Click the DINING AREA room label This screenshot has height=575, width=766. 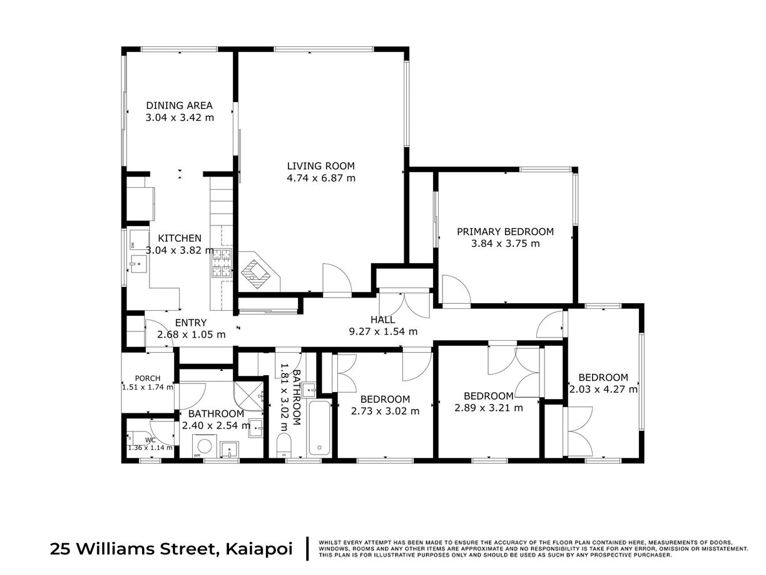point(179,105)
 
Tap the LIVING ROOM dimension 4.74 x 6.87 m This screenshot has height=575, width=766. point(320,178)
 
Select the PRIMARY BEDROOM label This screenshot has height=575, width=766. point(505,232)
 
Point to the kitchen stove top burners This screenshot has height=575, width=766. point(222,263)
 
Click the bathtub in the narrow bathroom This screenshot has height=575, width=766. point(319,428)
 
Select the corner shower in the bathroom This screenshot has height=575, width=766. point(249,396)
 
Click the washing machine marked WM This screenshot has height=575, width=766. point(205,446)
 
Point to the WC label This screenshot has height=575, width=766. point(150,440)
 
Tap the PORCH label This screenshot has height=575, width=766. point(148,378)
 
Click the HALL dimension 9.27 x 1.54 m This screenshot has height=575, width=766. point(383,331)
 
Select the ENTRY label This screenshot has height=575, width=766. point(190,323)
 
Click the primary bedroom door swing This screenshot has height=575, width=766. point(456,289)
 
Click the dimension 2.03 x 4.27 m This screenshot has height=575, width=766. point(603,389)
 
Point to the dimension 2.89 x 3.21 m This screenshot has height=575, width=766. point(488,408)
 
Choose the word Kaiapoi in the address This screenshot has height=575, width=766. point(259,549)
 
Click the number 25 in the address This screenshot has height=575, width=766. point(61,549)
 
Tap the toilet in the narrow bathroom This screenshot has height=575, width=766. point(283,446)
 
